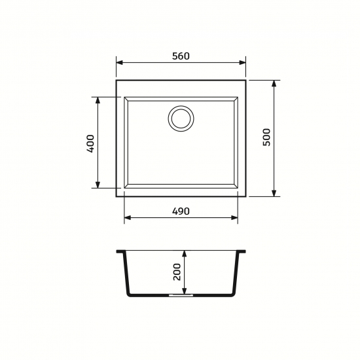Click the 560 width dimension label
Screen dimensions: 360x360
click(x=181, y=56)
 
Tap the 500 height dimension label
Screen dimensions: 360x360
click(x=267, y=137)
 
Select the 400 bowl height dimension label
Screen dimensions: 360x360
click(x=90, y=144)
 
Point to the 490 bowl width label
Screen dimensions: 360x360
click(x=181, y=211)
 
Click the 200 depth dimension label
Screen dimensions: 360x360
click(x=177, y=272)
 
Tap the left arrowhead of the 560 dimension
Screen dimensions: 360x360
click(x=120, y=63)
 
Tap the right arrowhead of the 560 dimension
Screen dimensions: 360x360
click(x=242, y=63)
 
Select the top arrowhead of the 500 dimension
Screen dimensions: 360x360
click(x=274, y=84)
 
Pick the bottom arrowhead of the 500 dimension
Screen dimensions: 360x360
click(x=274, y=193)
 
